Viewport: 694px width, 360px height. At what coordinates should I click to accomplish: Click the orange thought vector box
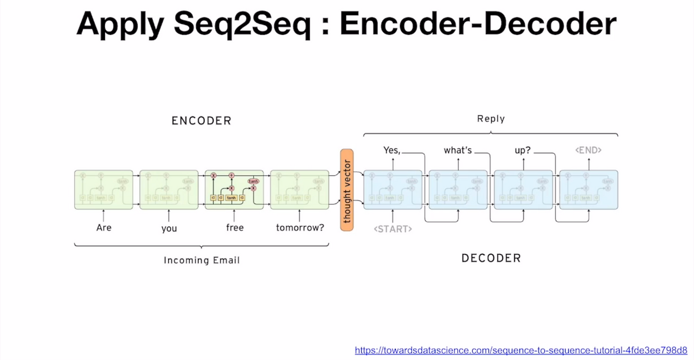[x=347, y=190]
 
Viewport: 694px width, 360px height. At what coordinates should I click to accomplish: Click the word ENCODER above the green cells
[x=201, y=121]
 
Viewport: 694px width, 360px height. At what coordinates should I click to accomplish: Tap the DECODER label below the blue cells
[x=491, y=258]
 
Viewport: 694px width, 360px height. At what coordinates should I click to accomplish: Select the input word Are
[x=104, y=228]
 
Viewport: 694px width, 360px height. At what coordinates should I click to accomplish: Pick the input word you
[x=169, y=228]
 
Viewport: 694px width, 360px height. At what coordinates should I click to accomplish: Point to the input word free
[x=235, y=228]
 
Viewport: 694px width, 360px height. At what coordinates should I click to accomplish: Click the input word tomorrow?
[x=300, y=228]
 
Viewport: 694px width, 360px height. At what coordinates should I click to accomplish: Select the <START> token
[x=393, y=229]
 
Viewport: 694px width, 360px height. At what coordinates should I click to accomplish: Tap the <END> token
[x=588, y=150]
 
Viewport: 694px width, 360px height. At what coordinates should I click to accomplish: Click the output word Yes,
[x=391, y=150]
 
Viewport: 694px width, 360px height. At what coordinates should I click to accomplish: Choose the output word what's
[x=458, y=150]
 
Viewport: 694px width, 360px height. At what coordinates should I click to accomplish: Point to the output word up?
[x=523, y=150]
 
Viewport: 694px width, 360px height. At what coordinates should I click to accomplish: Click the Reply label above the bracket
[x=491, y=119]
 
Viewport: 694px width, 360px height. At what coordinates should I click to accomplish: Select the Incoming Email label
[x=202, y=260]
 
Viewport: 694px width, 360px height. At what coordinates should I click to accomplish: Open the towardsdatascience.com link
[x=521, y=350]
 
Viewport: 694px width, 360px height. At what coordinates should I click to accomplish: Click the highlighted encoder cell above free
[x=234, y=190]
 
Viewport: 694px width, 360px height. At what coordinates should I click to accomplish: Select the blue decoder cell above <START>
[x=393, y=190]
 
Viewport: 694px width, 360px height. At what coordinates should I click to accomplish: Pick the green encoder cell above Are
[x=104, y=190]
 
